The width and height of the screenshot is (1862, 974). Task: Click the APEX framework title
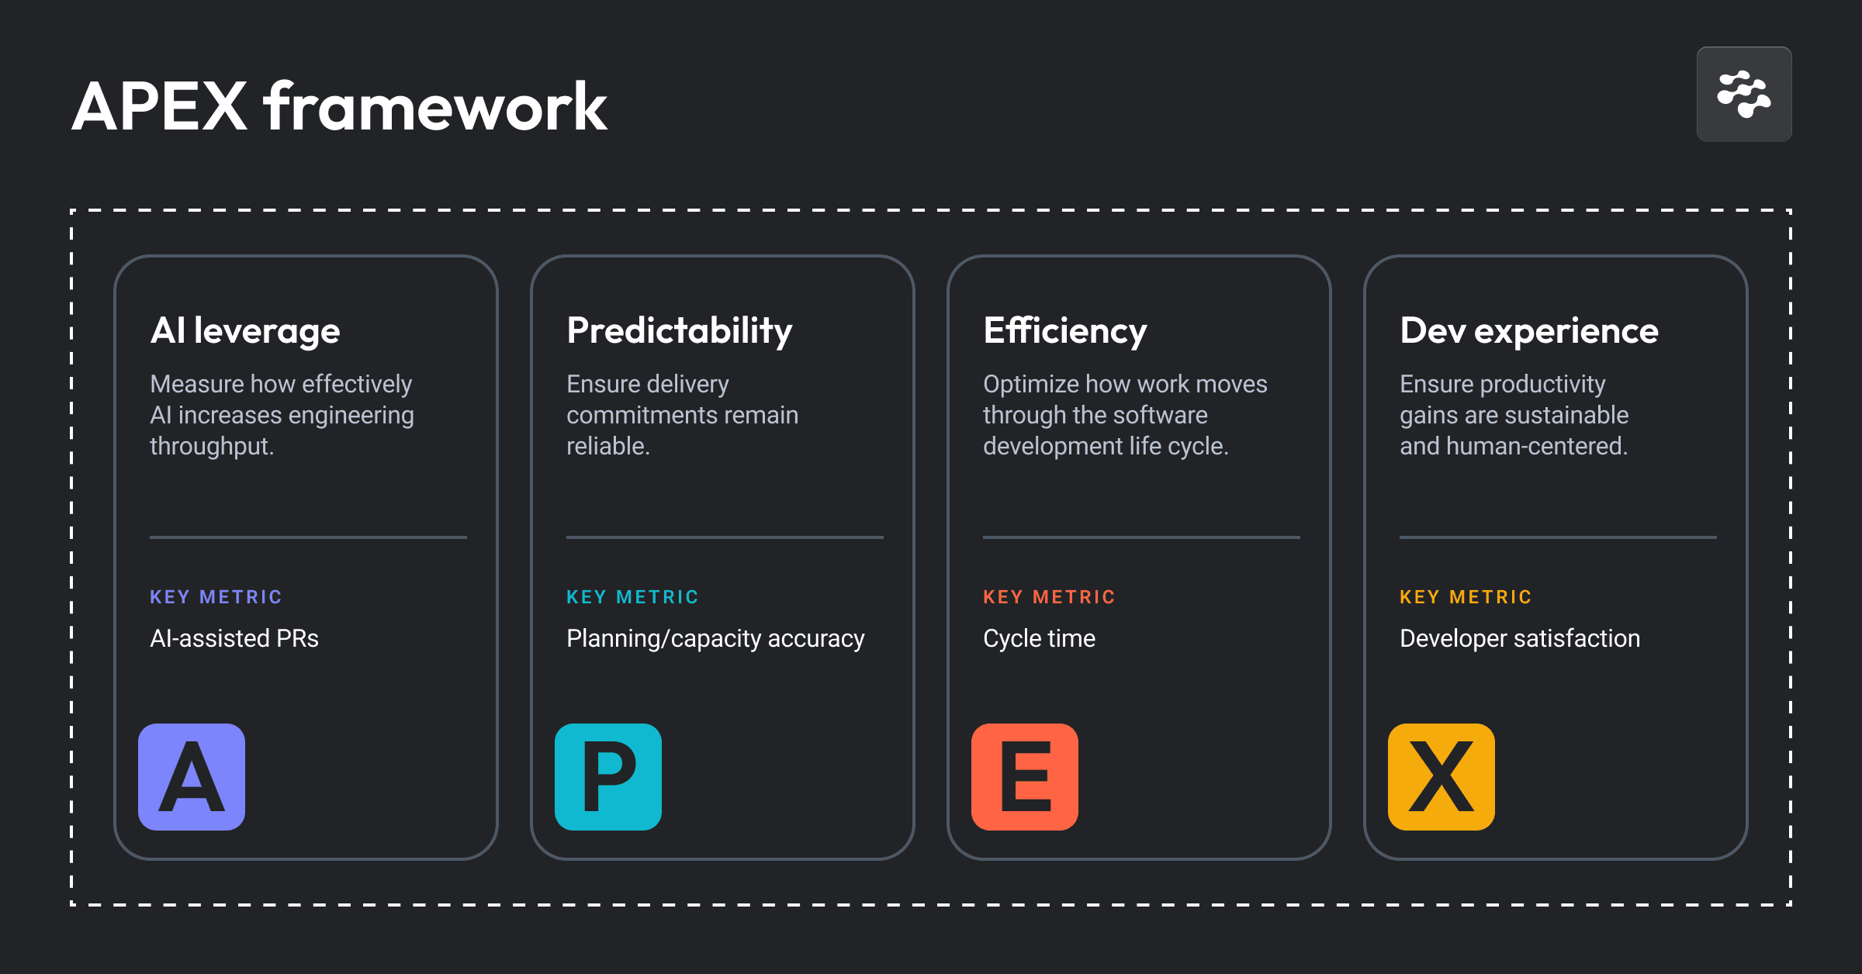339,107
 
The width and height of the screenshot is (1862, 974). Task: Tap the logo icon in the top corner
1743,95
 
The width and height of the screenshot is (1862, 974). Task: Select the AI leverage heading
245,331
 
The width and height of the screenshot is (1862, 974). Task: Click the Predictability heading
679,331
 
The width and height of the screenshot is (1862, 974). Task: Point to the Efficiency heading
1064,331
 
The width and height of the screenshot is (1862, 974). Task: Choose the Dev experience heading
1528,331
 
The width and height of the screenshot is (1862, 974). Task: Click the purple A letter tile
192,776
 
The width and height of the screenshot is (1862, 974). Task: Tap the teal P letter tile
608,776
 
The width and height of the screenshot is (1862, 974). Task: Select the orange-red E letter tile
1025,776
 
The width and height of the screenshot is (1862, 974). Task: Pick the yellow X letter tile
1441,776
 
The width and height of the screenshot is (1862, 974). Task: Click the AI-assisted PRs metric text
234,638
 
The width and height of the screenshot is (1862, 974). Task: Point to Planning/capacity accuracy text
715,638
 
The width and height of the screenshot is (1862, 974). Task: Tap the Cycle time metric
1039,638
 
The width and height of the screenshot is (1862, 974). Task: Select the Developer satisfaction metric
1520,638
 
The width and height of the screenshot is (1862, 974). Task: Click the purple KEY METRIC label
216,597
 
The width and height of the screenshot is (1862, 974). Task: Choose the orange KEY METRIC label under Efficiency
1049,597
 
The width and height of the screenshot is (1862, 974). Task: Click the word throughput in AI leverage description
210,447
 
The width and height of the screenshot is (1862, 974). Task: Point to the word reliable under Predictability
607,447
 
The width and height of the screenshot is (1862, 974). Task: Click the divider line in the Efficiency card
1141,537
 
